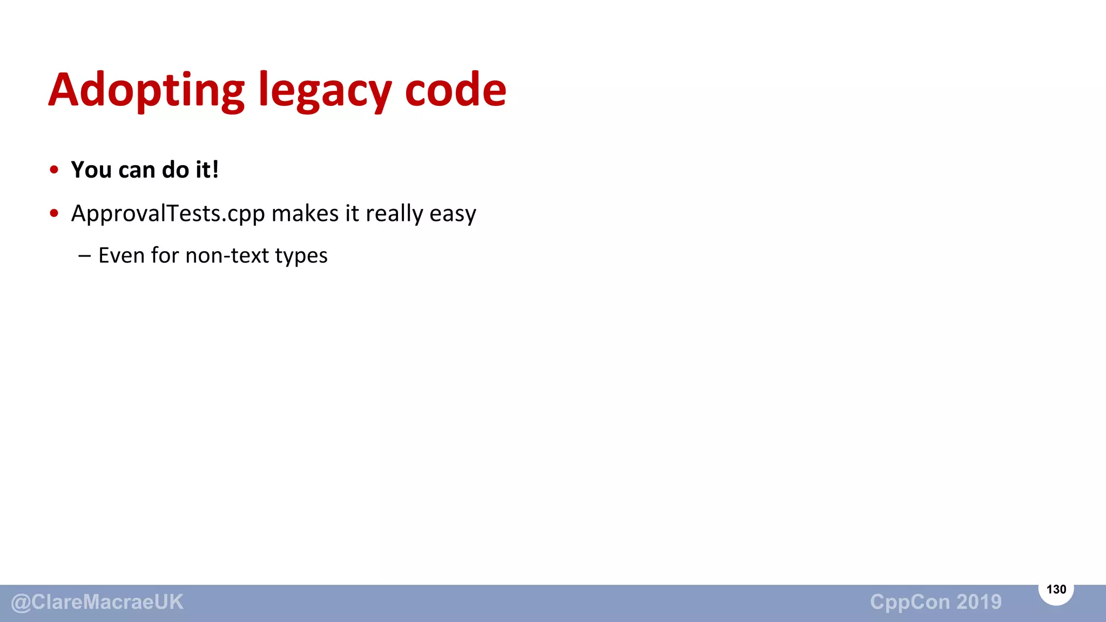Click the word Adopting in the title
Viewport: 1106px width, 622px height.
[x=146, y=90]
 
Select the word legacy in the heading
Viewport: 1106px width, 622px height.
[x=325, y=90]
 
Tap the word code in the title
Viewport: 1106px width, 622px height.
[x=455, y=90]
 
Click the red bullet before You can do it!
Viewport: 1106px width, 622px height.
[x=54, y=170]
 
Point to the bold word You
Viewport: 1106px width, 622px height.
[x=91, y=170]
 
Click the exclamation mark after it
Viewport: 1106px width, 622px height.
[x=215, y=170]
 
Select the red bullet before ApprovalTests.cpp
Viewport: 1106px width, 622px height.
[x=54, y=213]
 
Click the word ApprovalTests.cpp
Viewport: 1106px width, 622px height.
[x=168, y=214]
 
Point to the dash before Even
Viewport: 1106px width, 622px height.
[x=84, y=256]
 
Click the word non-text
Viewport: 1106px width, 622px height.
[x=227, y=255]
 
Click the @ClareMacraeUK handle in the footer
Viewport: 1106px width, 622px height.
[x=97, y=602]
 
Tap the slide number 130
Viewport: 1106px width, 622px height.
[x=1056, y=590]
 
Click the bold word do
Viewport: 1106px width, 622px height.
[x=176, y=170]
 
